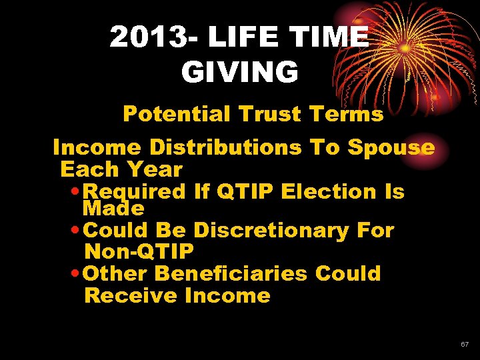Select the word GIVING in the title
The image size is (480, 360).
click(x=239, y=72)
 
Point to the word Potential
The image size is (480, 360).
click(x=175, y=114)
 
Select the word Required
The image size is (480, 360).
click(x=135, y=192)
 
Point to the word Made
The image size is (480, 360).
click(x=113, y=209)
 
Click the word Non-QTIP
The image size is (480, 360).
click(x=139, y=252)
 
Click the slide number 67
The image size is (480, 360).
click(x=465, y=345)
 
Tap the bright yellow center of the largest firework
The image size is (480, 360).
click(x=405, y=48)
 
